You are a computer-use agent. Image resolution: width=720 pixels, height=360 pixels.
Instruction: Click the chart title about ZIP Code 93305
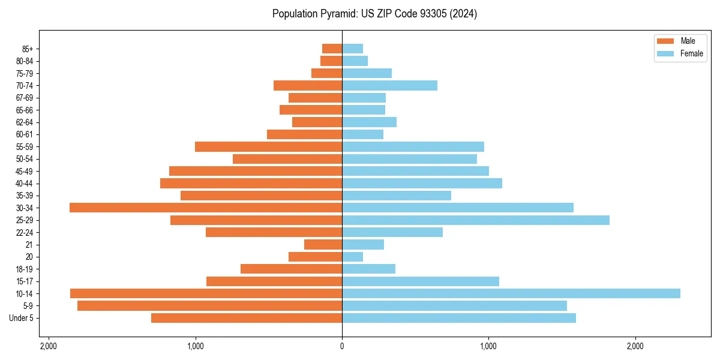coord(374,14)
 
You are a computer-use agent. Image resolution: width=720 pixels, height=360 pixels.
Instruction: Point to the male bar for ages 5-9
coord(210,306)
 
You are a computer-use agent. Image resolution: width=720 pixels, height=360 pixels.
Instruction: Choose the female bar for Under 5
coord(459,318)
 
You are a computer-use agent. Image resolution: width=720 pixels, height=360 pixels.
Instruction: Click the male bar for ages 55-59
coord(269,146)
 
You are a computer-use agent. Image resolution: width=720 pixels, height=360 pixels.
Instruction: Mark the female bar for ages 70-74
coord(390,85)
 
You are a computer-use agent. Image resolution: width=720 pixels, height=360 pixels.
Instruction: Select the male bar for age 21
coord(323,245)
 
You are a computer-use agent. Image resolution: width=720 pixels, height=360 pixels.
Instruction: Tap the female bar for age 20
coord(353,257)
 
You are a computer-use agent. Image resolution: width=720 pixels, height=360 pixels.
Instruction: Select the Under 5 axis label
coord(22,318)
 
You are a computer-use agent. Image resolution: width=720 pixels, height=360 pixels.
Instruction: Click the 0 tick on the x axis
coord(342,346)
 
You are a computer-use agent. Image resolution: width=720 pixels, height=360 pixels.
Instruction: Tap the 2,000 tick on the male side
coord(49,346)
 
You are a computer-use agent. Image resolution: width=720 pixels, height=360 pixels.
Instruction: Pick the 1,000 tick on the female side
coord(488,346)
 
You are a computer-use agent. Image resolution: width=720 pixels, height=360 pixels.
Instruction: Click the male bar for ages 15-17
coord(274,281)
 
